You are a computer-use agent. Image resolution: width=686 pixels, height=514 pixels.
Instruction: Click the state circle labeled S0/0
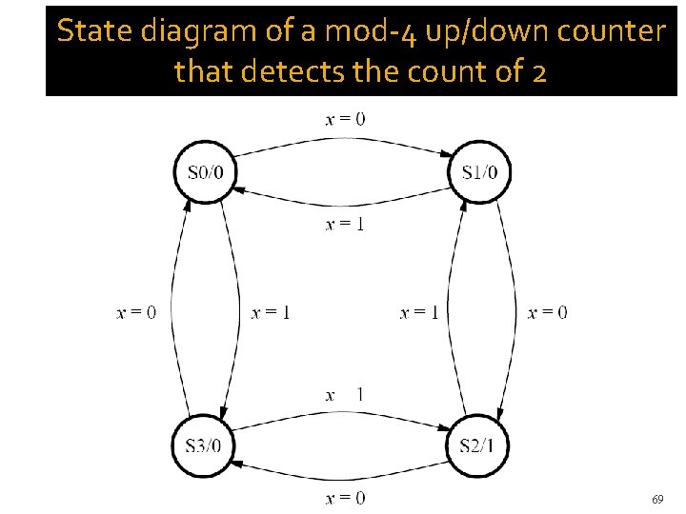pyautogui.click(x=205, y=172)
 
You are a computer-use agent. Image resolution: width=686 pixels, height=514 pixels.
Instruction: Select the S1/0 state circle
pyautogui.click(x=479, y=172)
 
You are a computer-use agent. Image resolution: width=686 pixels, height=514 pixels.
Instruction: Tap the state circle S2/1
pyautogui.click(x=479, y=444)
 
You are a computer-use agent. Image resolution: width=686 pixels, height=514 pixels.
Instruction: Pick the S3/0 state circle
pyautogui.click(x=205, y=444)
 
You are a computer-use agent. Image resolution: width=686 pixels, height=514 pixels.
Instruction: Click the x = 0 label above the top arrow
pyautogui.click(x=345, y=119)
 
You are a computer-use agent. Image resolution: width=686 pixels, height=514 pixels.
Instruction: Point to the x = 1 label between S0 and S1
pyautogui.click(x=345, y=225)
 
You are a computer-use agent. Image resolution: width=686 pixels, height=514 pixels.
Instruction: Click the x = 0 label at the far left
pyautogui.click(x=136, y=312)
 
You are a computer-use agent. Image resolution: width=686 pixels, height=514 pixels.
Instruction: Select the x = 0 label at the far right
pyautogui.click(x=547, y=312)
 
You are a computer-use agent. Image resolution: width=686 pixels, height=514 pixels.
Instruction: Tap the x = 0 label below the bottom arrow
pyautogui.click(x=345, y=498)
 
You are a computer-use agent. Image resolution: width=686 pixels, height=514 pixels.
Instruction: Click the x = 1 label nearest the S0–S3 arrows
pyautogui.click(x=271, y=312)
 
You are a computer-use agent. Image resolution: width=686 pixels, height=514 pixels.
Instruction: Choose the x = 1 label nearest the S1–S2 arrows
pyautogui.click(x=419, y=312)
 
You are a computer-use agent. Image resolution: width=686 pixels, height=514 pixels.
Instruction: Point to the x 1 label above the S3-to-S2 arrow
pyautogui.click(x=345, y=395)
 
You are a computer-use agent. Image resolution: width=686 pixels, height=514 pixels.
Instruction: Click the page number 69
pyautogui.click(x=657, y=499)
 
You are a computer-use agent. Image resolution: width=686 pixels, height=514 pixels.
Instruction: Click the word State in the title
pyautogui.click(x=91, y=32)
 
